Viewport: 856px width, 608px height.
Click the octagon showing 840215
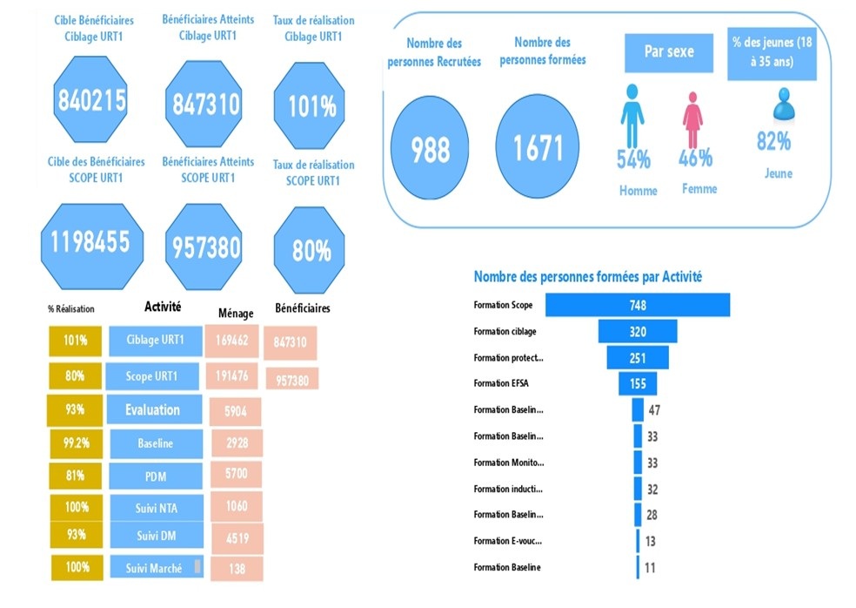tap(90, 99)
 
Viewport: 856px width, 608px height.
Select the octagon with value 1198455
tap(91, 246)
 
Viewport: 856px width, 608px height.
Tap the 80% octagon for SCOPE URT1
tap(310, 250)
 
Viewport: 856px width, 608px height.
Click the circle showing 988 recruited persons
tap(430, 147)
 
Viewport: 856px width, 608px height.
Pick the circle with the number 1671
tap(538, 146)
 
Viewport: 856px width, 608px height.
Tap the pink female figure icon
tap(692, 119)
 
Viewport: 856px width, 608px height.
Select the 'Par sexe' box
tap(669, 52)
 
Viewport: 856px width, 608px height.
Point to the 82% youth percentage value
tap(773, 142)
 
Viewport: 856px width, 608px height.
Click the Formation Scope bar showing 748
tap(638, 305)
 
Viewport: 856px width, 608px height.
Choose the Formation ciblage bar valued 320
tap(638, 331)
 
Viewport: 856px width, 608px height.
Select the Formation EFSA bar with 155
tap(638, 383)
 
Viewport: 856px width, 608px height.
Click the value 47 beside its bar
tap(654, 410)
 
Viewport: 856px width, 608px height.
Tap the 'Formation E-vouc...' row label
tap(508, 541)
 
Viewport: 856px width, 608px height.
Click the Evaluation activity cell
tap(154, 409)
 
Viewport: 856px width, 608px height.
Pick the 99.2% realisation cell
tap(76, 443)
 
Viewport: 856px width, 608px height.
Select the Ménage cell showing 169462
tap(231, 341)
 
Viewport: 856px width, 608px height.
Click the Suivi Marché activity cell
tap(157, 567)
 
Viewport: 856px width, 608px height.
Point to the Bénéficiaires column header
tap(303, 308)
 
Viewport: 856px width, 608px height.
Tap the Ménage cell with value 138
tap(237, 569)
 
